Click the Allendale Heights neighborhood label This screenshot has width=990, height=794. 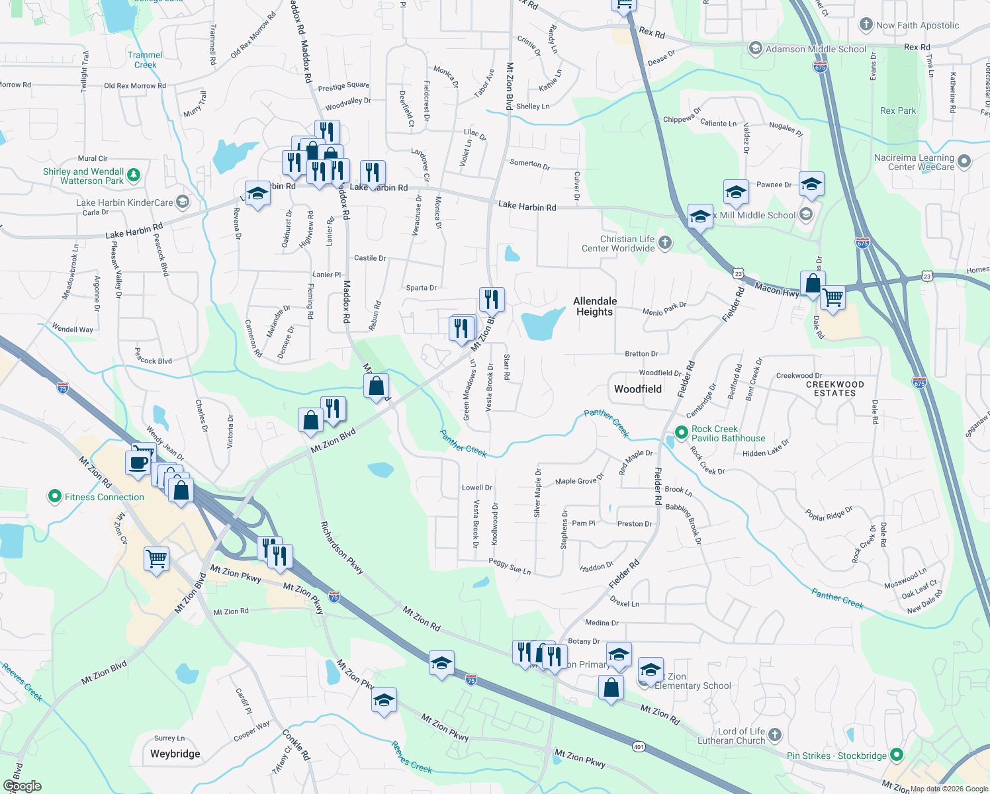click(595, 306)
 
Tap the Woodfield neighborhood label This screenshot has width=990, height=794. click(637, 389)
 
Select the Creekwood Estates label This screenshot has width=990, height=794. click(834, 388)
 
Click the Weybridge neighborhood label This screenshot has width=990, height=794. click(175, 754)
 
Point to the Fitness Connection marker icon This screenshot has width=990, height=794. click(55, 496)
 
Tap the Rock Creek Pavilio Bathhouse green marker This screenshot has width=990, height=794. click(681, 433)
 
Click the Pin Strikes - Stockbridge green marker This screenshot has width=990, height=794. click(897, 755)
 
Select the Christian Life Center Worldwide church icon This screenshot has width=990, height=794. click(665, 243)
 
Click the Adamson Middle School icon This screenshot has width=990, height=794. click(755, 48)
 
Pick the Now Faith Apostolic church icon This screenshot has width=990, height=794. click(866, 25)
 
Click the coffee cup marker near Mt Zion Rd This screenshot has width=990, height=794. click(138, 462)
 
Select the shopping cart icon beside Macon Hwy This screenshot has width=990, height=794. click(832, 298)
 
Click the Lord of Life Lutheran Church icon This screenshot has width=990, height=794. click(775, 735)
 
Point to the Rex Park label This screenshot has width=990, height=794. click(898, 110)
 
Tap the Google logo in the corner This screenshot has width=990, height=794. click(22, 786)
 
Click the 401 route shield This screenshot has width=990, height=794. click(638, 746)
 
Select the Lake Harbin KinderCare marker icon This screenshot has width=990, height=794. click(183, 202)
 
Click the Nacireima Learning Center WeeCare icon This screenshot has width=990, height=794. click(964, 161)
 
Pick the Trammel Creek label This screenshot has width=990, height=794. click(145, 60)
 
